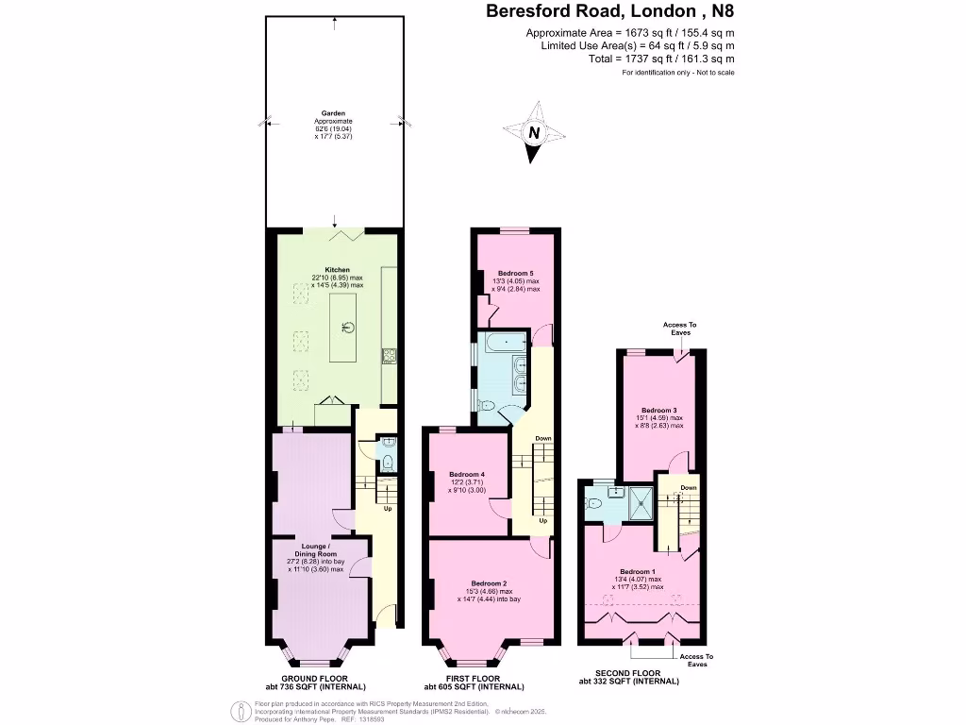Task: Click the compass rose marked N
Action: click(534, 132)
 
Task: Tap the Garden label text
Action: click(333, 114)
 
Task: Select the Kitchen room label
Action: click(337, 269)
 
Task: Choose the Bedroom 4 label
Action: click(467, 474)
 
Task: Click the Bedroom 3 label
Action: click(659, 411)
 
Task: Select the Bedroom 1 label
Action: click(639, 571)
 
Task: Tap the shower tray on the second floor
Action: click(641, 504)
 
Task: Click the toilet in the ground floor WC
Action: click(388, 461)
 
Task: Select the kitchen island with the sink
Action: click(344, 327)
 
